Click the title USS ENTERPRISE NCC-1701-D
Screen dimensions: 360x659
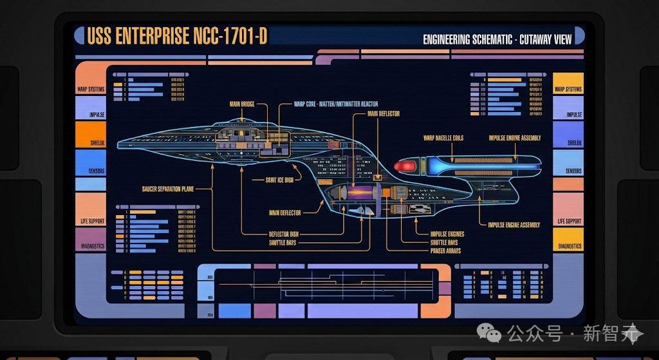[176, 37]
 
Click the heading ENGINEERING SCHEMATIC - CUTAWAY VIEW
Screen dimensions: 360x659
[497, 39]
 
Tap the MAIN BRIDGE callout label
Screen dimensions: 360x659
[243, 103]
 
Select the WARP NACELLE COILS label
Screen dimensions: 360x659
[443, 138]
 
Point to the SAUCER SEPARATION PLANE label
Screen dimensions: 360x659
[168, 189]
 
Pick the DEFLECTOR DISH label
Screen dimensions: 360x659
[283, 234]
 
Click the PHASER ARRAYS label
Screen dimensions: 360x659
[445, 251]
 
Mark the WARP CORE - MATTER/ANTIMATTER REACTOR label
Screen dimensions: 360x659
[335, 103]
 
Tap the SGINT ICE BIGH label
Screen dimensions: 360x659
[279, 180]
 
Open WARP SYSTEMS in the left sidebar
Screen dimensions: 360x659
[90, 89]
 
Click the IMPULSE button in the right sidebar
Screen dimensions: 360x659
[568, 115]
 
